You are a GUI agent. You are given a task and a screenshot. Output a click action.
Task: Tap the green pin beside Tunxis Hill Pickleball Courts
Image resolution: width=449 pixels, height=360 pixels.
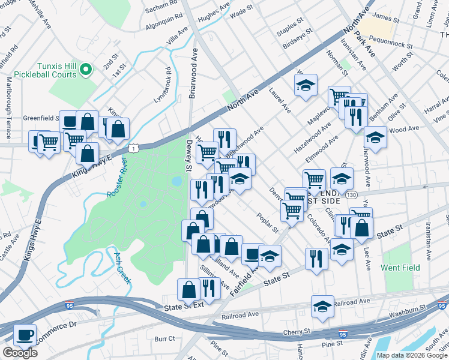[x=85, y=70]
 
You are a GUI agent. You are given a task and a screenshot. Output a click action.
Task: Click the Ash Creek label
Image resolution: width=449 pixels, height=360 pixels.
[x=122, y=268]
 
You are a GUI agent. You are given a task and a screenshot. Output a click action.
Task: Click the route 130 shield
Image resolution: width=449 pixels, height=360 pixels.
[x=352, y=194]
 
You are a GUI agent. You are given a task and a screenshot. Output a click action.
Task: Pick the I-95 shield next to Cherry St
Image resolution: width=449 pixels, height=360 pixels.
[x=342, y=334]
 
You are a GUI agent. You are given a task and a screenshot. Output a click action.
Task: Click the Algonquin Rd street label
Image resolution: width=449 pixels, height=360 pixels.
[x=164, y=23]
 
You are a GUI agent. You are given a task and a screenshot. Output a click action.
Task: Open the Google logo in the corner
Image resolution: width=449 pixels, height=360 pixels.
[x=20, y=353]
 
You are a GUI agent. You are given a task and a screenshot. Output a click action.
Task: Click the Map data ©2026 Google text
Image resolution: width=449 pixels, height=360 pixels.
[x=412, y=355]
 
